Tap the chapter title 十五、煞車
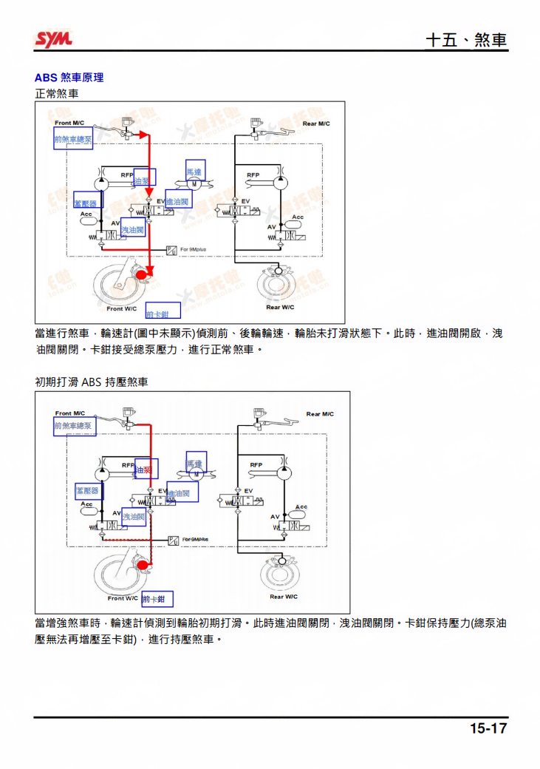point(466,40)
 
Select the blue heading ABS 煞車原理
point(69,78)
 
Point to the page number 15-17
point(488,728)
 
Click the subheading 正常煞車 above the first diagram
point(56,94)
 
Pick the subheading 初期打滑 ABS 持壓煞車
point(91,382)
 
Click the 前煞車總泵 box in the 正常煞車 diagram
point(73,138)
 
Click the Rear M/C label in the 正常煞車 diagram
point(316,123)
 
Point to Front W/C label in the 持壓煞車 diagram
point(123,597)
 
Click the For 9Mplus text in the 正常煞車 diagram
point(194,250)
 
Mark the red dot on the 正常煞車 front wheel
point(142,276)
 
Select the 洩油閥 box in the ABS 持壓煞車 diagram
point(134,517)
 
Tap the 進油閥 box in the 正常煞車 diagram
point(177,202)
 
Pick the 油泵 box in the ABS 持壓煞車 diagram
point(146,470)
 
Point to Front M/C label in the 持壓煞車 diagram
point(70,413)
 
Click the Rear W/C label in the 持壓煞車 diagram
point(284,597)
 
